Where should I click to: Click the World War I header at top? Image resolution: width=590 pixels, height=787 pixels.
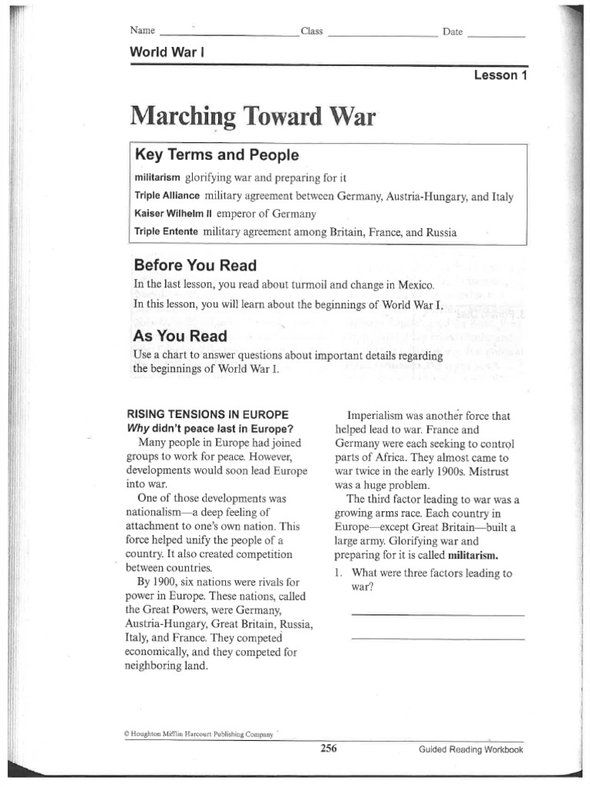pos(167,52)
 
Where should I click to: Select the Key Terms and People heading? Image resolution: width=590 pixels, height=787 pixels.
pos(217,155)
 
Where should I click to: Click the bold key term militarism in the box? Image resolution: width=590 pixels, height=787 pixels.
pos(157,178)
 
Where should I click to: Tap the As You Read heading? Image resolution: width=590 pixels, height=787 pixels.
pos(180,336)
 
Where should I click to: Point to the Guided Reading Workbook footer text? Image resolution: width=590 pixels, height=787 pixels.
pos(471,749)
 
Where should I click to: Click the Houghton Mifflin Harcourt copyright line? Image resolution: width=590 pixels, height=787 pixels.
pos(198,734)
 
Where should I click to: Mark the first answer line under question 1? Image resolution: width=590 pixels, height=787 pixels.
pos(437,615)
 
